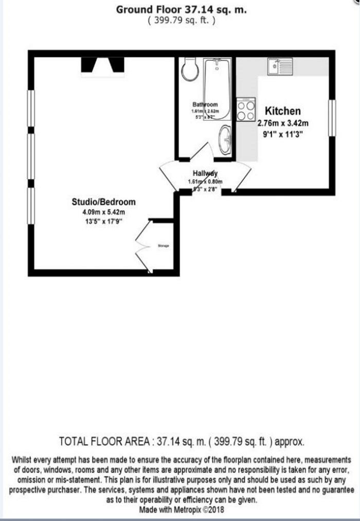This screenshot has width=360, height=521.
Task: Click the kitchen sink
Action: click(x=280, y=66)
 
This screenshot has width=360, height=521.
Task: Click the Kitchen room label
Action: click(x=282, y=111)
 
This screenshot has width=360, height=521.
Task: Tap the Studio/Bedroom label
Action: click(x=104, y=202)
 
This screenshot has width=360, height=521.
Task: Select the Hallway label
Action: click(x=205, y=173)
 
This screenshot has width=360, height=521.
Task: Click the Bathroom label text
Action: click(x=205, y=104)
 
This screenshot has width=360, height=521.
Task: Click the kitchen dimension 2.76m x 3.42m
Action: click(x=283, y=123)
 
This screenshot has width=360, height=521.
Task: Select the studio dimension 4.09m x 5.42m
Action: click(x=104, y=211)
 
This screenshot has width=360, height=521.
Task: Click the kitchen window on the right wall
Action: click(x=332, y=118)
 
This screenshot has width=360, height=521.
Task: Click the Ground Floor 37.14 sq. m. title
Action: click(x=181, y=10)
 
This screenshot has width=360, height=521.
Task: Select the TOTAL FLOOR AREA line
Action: click(x=182, y=441)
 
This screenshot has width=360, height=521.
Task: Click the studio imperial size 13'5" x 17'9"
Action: click(x=104, y=221)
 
